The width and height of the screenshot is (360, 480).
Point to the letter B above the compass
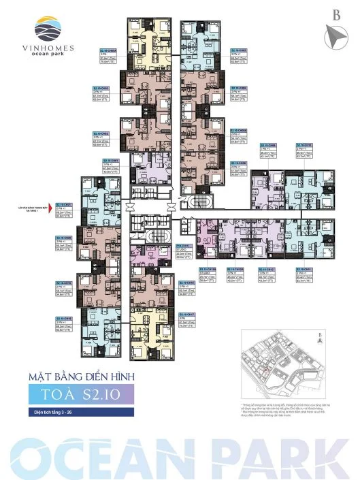[336, 14]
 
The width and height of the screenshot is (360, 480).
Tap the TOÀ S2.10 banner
[76, 394]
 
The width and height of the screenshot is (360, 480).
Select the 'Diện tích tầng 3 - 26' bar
[65, 413]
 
